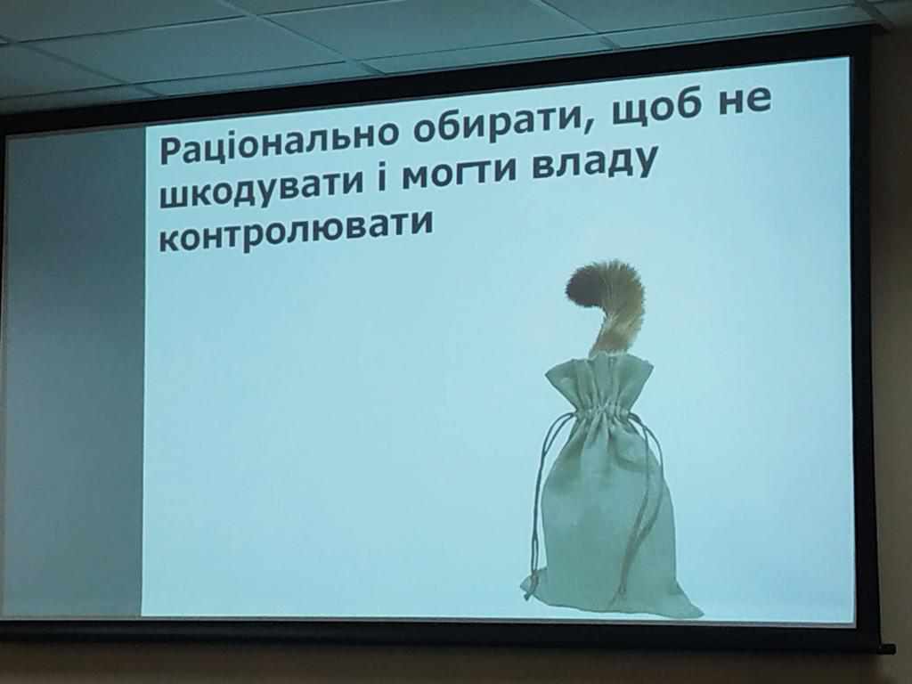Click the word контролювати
[x=296, y=231]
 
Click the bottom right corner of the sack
[x=702, y=615]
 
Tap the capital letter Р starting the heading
[x=172, y=151]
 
